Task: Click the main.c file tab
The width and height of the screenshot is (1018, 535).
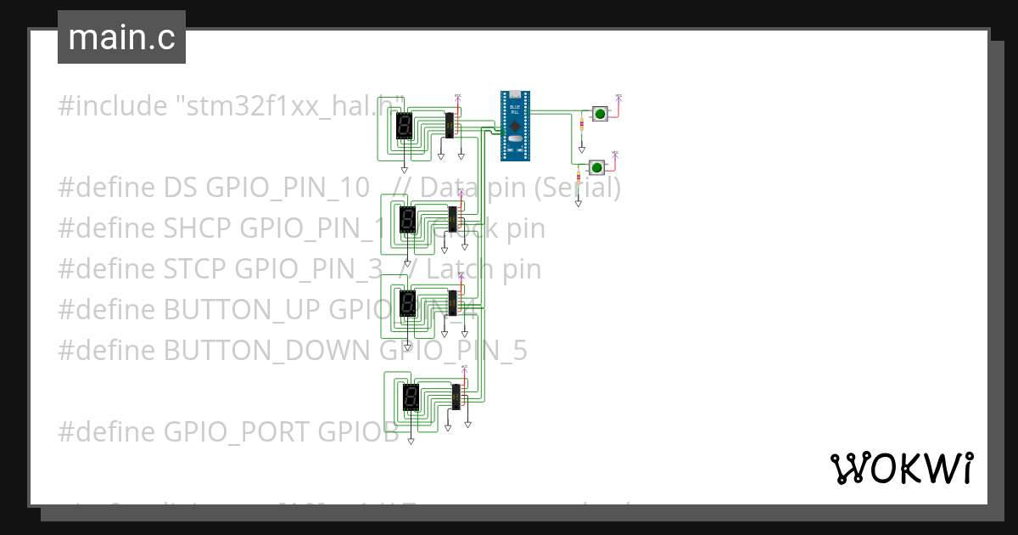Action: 121,37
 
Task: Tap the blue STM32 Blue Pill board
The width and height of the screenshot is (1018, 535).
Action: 514,125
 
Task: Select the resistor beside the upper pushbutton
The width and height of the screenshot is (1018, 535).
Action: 580,125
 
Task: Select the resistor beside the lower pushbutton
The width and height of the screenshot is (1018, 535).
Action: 579,179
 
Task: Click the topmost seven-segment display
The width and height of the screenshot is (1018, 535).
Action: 404,127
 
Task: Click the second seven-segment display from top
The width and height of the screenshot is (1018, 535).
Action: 407,221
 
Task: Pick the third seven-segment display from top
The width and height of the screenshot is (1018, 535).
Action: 407,304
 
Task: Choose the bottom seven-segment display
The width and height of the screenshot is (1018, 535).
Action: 411,397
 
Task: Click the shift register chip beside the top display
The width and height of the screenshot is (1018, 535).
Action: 450,125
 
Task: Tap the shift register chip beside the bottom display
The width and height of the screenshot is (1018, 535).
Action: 456,397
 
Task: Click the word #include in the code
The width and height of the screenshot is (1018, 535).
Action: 112,106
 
